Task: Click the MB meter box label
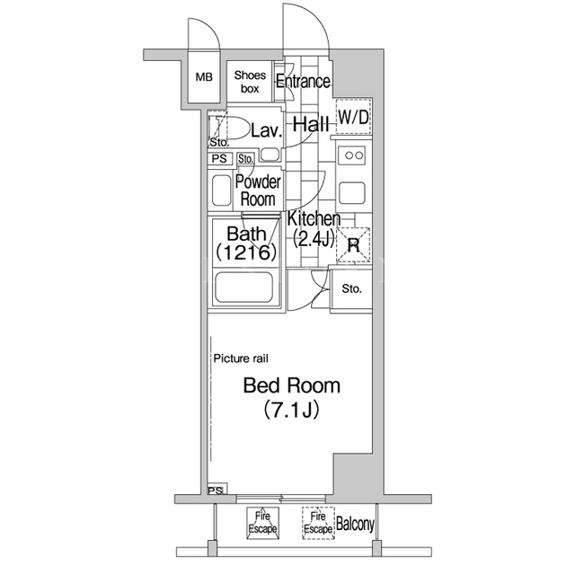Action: [x=204, y=77]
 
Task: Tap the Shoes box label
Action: [x=250, y=82]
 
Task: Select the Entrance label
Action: [x=303, y=81]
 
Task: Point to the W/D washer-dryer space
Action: [x=353, y=117]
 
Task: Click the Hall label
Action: [x=311, y=125]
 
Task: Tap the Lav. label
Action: [x=267, y=130]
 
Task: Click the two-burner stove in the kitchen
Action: [x=354, y=155]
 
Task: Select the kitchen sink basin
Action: [x=351, y=193]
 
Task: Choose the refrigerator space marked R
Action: [x=353, y=245]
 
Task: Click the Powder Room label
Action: [x=258, y=190]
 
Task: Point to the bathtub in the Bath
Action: [x=243, y=287]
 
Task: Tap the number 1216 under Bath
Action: [x=245, y=252]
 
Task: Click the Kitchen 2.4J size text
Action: [x=314, y=240]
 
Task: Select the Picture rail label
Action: [x=241, y=358]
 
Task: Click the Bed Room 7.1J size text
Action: [x=291, y=411]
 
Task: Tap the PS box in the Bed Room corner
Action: [x=217, y=489]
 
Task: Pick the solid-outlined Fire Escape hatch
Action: [x=262, y=523]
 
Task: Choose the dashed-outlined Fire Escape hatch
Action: [x=318, y=523]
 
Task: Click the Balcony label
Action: [x=355, y=525]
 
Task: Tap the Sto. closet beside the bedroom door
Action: [x=351, y=289]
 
